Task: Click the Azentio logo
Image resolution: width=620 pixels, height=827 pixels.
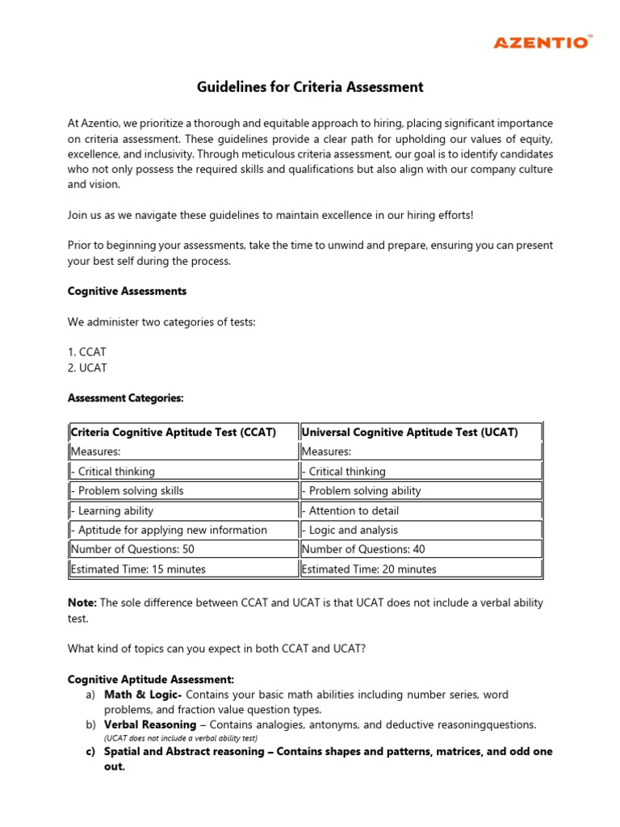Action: click(x=553, y=42)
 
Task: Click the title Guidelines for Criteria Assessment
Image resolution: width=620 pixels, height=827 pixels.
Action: click(x=310, y=87)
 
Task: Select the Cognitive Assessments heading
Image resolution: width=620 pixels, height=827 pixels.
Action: click(x=127, y=291)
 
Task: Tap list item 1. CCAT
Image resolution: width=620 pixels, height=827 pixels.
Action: click(x=87, y=352)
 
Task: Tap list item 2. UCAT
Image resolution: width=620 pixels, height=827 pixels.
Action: click(x=87, y=367)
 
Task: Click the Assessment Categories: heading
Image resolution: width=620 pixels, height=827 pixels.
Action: click(x=125, y=398)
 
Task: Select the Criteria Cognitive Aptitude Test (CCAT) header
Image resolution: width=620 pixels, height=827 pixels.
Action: click(x=174, y=432)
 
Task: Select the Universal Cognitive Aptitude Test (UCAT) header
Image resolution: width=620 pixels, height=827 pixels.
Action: click(x=409, y=432)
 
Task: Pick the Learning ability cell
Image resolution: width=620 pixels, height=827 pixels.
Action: click(x=113, y=510)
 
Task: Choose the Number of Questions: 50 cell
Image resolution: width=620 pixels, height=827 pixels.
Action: click(x=132, y=549)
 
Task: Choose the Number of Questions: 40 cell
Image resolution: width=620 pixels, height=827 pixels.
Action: click(x=363, y=549)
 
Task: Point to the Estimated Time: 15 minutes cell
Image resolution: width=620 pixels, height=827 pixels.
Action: click(x=138, y=569)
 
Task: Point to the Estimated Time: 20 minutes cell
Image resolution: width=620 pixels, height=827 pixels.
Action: click(x=369, y=569)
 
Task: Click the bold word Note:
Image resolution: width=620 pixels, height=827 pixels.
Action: click(x=82, y=603)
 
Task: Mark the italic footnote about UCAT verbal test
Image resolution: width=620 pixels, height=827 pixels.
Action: click(x=180, y=738)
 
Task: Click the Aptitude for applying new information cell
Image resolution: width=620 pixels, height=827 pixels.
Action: click(x=170, y=530)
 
